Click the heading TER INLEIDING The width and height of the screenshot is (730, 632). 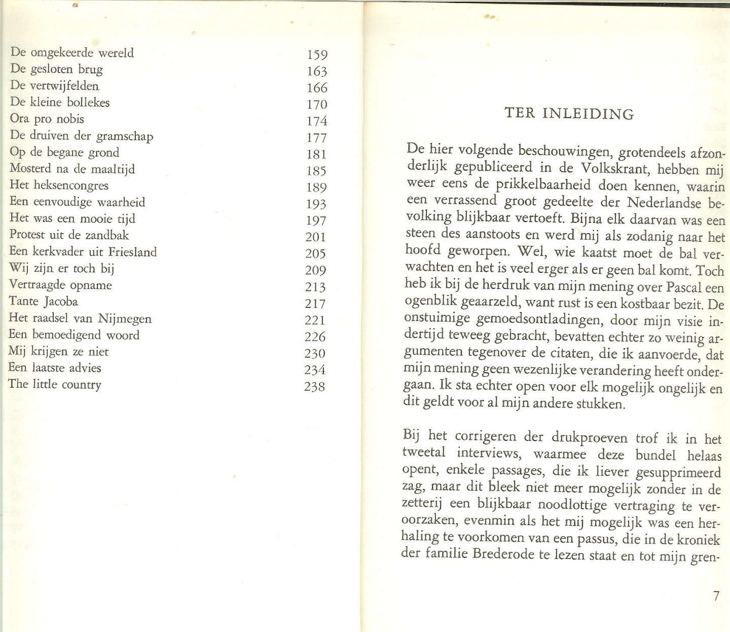coord(569,113)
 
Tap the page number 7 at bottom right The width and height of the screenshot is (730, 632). coord(716,596)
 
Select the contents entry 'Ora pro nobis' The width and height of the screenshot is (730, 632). coord(47,119)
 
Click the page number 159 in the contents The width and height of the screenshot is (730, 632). coord(317,55)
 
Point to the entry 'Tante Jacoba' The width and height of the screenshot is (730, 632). coord(44,302)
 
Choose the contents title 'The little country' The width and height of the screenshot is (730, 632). coord(55,384)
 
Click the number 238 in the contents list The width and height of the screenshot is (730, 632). coord(314,387)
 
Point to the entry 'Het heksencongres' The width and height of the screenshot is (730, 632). coord(59,185)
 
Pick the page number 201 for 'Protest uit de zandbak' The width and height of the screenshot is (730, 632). coord(315,237)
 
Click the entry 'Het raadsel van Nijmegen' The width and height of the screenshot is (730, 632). coord(80,318)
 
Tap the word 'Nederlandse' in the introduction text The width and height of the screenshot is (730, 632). coord(664,203)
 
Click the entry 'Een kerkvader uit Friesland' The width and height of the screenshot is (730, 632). coord(83,252)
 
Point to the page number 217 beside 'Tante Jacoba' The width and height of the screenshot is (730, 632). coord(315,304)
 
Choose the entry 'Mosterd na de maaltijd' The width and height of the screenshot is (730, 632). coord(72,169)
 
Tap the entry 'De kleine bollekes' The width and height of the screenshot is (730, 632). coord(60,102)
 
